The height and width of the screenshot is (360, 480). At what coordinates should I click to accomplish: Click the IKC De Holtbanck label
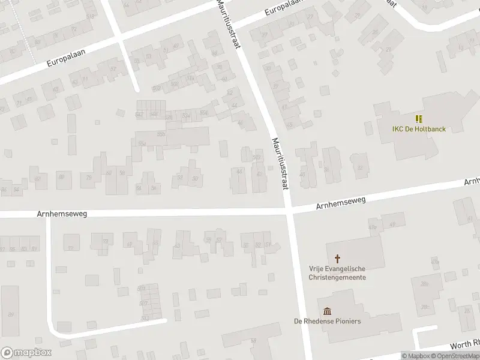pyautogui.click(x=419, y=129)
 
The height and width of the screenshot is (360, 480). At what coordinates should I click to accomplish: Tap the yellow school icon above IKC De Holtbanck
pyautogui.click(x=419, y=119)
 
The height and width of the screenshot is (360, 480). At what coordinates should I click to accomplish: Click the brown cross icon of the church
pyautogui.click(x=337, y=259)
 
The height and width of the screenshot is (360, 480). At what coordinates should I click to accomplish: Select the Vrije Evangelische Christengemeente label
pyautogui.click(x=337, y=274)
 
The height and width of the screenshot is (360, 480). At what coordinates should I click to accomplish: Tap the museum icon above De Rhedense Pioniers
pyautogui.click(x=328, y=310)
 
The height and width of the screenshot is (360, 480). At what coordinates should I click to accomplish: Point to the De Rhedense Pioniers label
pyautogui.click(x=328, y=321)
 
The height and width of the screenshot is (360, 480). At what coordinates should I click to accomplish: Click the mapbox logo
pyautogui.click(x=26, y=352)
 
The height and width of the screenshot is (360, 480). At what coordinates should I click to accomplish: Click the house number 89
pyautogui.click(x=10, y=314)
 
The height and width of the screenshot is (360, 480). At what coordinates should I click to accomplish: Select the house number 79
pyautogui.click(x=89, y=178)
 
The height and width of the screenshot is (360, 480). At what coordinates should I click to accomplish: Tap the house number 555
pyautogui.click(x=161, y=134)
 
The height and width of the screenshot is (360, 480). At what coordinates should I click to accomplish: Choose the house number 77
pyautogui.click(x=70, y=248)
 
